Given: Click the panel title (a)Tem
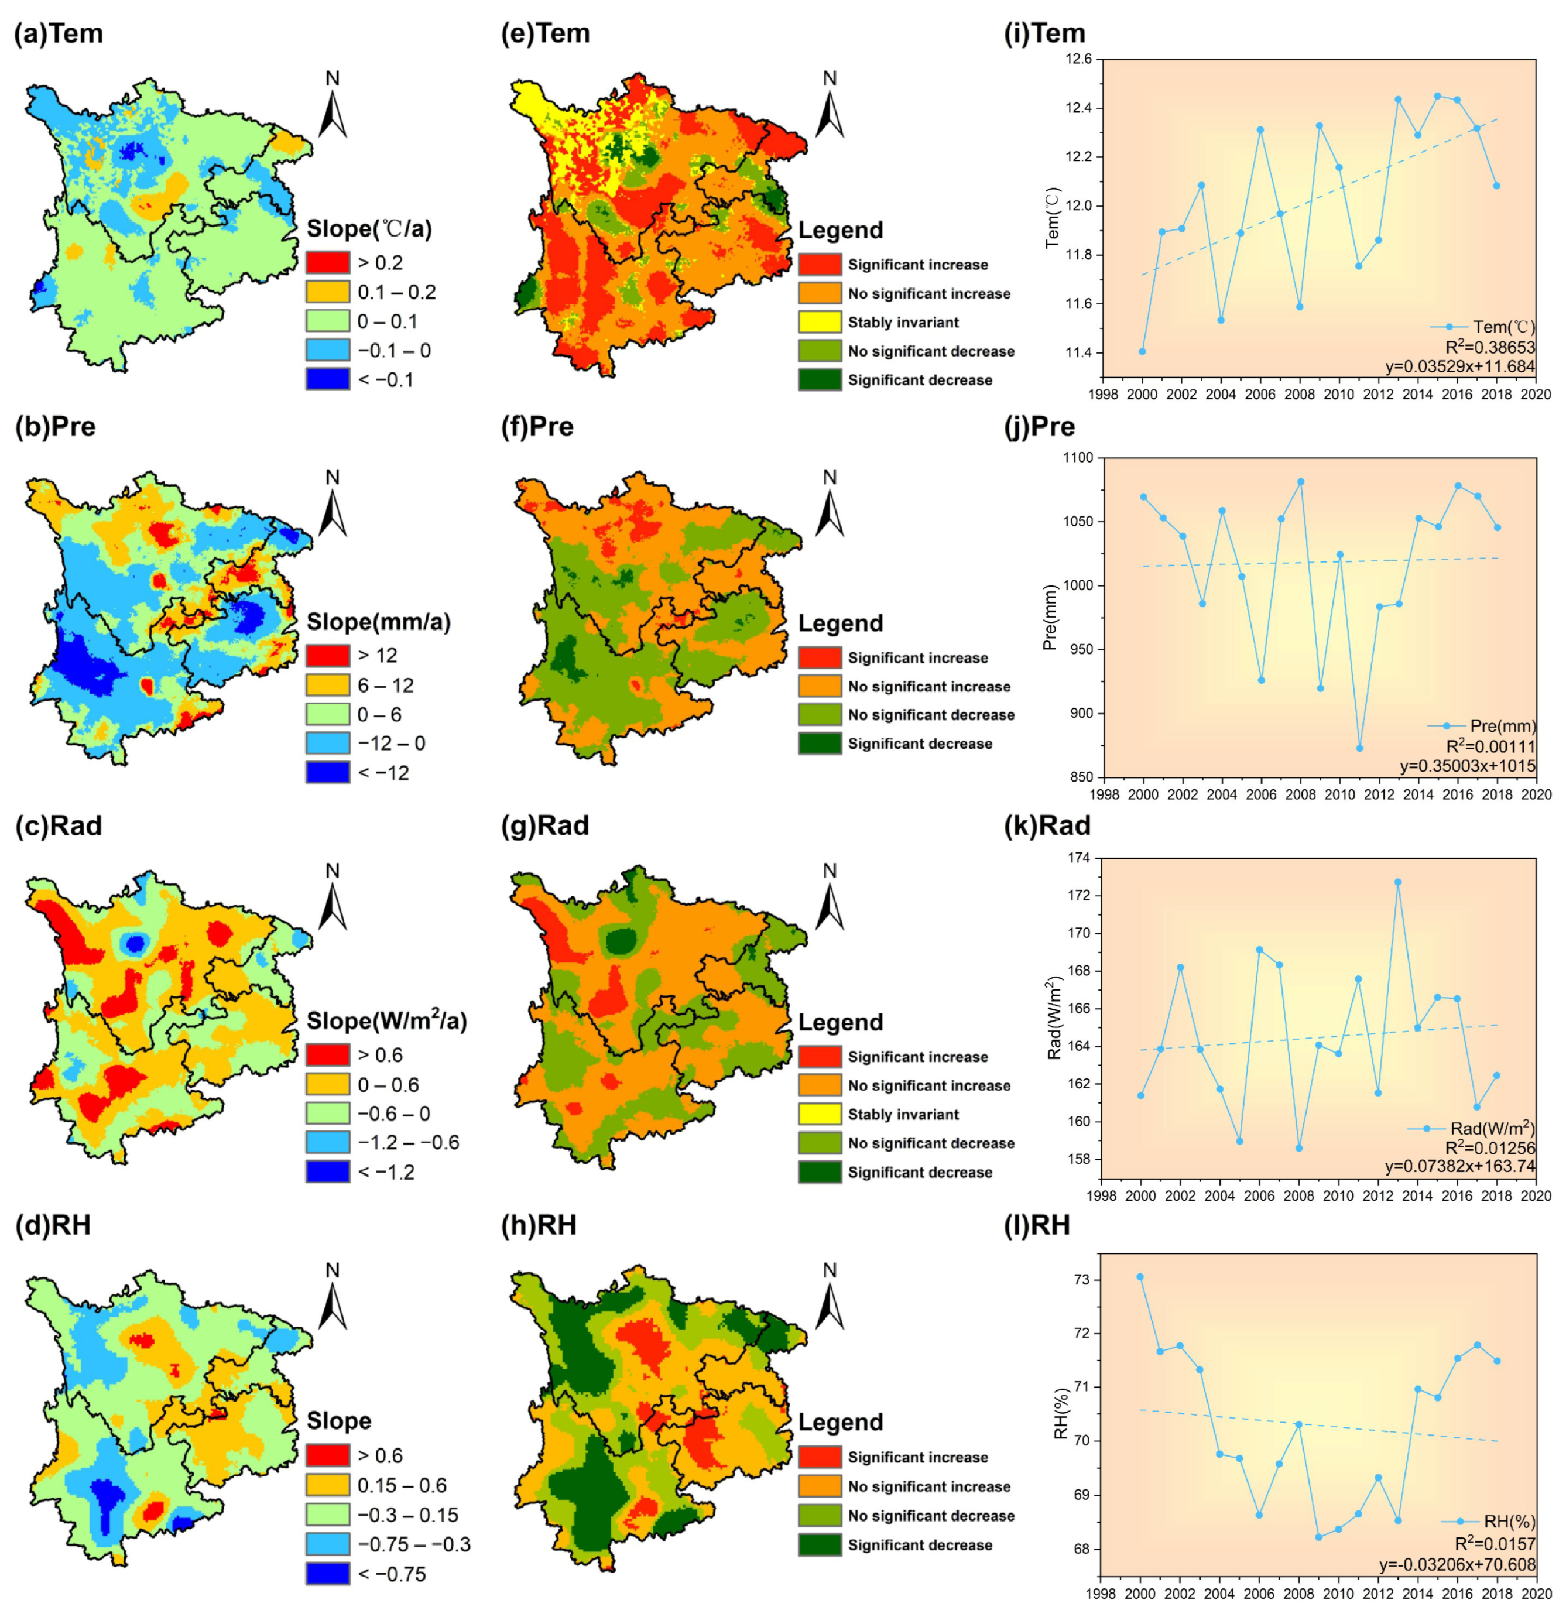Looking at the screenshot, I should pos(59,34).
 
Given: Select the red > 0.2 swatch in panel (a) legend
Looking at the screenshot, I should pos(328,262).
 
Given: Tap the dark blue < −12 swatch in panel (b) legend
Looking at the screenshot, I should pos(328,772).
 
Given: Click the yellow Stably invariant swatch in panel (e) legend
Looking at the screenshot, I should pos(820,322).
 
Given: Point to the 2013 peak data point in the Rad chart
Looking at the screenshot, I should pos(1397,882).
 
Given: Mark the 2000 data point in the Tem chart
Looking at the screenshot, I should pos(1142,351).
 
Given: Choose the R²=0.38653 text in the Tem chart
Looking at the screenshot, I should pos(1490,347).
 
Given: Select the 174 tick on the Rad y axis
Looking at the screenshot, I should pos(1079,858).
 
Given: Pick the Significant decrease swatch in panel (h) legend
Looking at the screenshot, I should pos(820,1544).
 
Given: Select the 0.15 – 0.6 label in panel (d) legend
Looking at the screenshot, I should pos(402,1486).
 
